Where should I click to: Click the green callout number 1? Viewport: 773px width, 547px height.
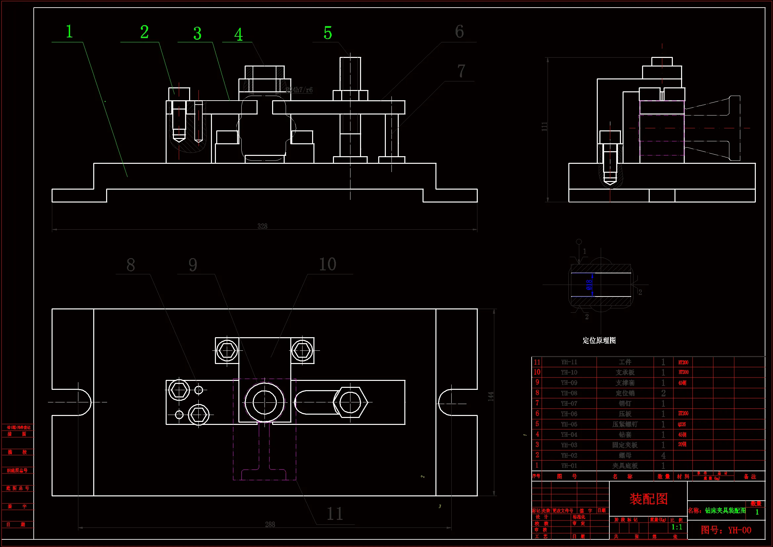pos(69,32)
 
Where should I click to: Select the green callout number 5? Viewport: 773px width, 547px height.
pos(328,33)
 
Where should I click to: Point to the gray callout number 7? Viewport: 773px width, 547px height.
pos(461,71)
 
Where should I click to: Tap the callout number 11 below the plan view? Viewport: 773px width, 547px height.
pos(335,514)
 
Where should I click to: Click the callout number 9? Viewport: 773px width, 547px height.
pos(192,265)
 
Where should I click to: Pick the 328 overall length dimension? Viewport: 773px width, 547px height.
pos(262,226)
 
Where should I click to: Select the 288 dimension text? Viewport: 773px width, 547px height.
pos(270,524)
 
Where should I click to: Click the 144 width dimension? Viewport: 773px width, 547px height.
pos(491,396)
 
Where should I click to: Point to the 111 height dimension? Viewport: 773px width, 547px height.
pos(544,126)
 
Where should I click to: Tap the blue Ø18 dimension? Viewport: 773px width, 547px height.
pos(589,285)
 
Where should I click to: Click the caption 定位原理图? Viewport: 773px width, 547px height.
pos(599,341)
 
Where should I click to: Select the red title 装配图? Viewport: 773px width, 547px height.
pos(648,499)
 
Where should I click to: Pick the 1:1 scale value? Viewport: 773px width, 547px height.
pos(677,527)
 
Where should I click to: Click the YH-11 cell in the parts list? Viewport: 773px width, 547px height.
pos(569,362)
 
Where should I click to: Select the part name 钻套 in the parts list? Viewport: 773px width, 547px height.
pos(625,435)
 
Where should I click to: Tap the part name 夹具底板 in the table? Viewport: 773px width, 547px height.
pos(625,466)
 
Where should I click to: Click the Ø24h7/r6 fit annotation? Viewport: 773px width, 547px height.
pos(299,90)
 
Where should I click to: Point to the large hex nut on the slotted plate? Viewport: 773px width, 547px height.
pos(350,402)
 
